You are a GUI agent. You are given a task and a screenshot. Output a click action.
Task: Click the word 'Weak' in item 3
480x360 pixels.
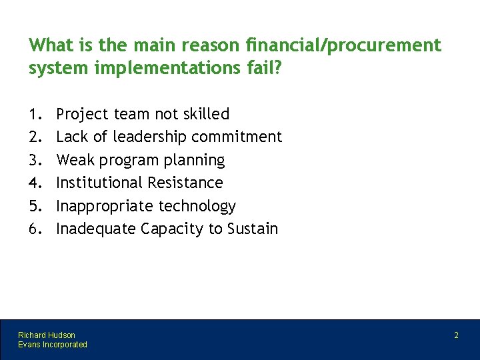click(75, 160)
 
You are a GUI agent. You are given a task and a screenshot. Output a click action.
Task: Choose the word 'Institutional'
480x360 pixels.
click(99, 183)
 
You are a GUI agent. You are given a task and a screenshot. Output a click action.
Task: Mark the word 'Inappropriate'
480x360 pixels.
click(105, 206)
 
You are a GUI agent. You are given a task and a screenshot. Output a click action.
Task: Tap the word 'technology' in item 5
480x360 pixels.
click(197, 206)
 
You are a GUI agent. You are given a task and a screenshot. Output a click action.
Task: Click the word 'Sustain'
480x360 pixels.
click(253, 229)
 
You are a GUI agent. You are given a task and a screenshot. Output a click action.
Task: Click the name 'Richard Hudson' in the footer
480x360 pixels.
click(47, 335)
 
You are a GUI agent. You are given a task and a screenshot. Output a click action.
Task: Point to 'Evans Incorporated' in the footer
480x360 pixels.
click(53, 344)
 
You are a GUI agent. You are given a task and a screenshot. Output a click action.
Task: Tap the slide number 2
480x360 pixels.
click(456, 335)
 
